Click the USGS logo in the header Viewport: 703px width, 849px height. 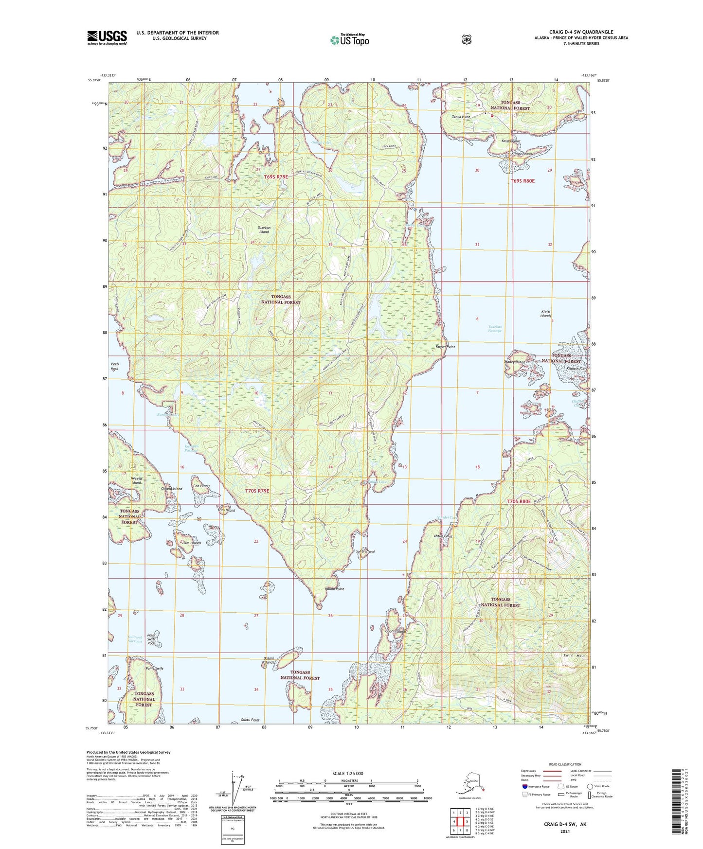tap(107, 37)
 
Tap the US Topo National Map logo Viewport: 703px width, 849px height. tap(349, 40)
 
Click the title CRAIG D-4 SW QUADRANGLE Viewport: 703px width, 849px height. tap(581, 32)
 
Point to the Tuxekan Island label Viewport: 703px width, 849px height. tap(264, 230)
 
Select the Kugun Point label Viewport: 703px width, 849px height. tap(445, 347)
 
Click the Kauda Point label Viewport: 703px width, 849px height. tap(334, 589)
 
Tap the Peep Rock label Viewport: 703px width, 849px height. tap(114, 366)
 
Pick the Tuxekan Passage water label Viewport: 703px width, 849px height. tap(495, 329)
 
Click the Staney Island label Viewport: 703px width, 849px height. tap(515, 362)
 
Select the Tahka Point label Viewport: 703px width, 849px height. tap(461, 117)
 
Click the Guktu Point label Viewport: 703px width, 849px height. tap(250, 720)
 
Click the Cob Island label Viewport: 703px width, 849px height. tap(201, 486)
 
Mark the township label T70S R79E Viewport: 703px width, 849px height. tap(257, 491)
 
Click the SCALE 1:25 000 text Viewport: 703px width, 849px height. tap(347, 773)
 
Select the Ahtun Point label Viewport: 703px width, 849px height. tap(443, 536)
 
